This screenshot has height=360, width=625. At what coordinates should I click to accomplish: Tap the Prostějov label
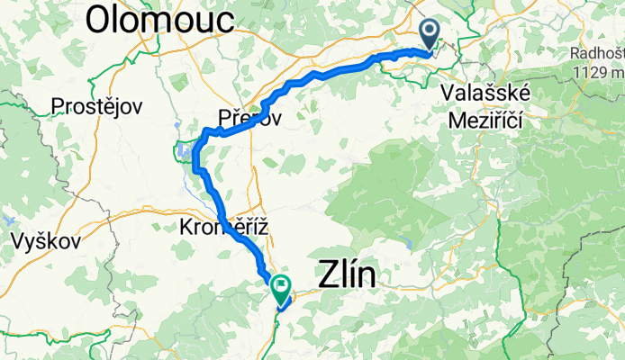pos(97,106)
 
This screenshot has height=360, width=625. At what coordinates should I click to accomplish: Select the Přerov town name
pos(249,115)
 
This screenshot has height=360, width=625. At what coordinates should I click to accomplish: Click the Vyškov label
pos(47,241)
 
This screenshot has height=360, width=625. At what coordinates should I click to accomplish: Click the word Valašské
pos(485,93)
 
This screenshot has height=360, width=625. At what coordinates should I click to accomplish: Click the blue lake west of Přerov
pos(186,150)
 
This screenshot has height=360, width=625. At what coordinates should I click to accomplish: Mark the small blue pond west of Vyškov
pos(7,219)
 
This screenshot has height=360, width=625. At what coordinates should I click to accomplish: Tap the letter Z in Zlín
pos(331,274)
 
